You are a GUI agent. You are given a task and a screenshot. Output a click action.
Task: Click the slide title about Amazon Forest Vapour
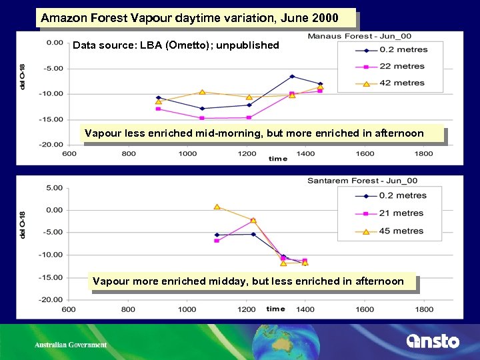[189, 18]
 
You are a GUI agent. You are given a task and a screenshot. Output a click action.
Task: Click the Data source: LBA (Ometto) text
[175, 45]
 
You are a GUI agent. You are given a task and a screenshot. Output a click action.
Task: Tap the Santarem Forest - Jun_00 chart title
[362, 181]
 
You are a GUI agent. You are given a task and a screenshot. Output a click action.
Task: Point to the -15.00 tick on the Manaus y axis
[53, 119]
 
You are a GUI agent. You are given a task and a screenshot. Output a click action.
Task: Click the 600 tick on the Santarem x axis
[69, 309]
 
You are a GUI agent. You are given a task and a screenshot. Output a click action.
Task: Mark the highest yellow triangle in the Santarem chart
[217, 207]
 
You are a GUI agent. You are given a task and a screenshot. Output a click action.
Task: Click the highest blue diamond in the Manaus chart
[292, 77]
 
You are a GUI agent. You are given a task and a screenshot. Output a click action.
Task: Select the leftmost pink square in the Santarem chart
[217, 240]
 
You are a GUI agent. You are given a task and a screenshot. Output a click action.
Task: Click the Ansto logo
[433, 341]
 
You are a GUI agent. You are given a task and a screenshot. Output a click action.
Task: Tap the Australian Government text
[71, 345]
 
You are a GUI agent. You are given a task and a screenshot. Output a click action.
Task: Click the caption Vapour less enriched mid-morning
[254, 133]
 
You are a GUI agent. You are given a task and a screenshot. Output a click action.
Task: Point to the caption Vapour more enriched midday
[248, 281]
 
